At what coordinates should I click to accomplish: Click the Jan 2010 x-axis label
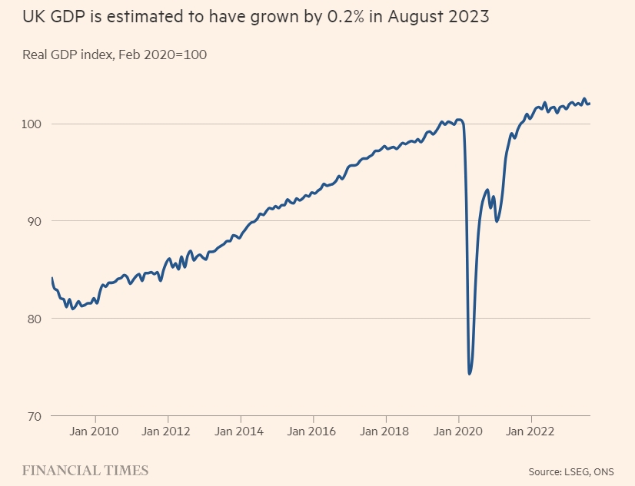click(x=95, y=431)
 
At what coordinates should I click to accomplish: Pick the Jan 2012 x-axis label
click(x=168, y=431)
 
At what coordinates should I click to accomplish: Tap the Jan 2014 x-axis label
click(x=240, y=431)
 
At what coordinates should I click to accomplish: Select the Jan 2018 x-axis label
click(x=385, y=431)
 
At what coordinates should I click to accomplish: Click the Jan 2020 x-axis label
click(x=458, y=431)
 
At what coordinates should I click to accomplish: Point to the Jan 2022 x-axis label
click(x=530, y=431)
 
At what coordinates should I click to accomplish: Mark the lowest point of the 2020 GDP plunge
click(x=469, y=373)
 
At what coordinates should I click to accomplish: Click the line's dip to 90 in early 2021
click(x=497, y=221)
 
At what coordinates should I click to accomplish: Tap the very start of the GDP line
click(x=52, y=278)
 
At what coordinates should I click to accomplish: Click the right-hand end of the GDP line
click(x=589, y=104)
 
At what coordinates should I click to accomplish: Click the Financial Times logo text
click(x=85, y=470)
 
